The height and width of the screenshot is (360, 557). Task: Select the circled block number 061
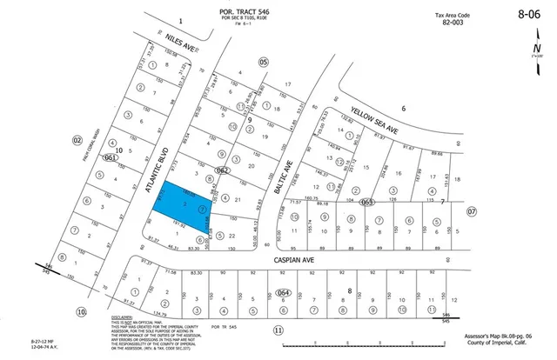click(x=110, y=158)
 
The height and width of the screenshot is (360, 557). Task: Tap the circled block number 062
click(x=223, y=171)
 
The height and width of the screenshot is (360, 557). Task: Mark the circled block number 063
click(x=367, y=202)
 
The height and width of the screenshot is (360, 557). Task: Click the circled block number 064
click(x=282, y=292)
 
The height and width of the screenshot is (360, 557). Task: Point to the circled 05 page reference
click(x=263, y=62)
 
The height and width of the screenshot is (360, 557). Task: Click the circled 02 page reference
click(x=77, y=139)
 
